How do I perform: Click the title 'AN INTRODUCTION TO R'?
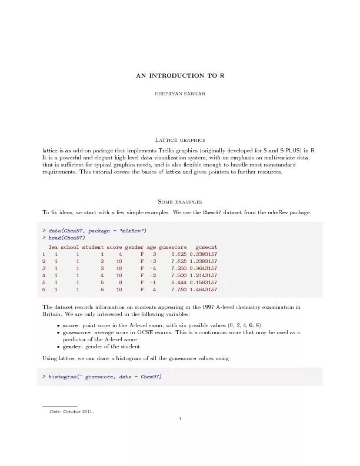(179, 76)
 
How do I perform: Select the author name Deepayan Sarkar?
(179, 94)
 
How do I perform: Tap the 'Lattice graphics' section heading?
(179, 140)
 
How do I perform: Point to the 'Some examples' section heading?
(179, 201)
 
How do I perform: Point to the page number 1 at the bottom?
(179, 419)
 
